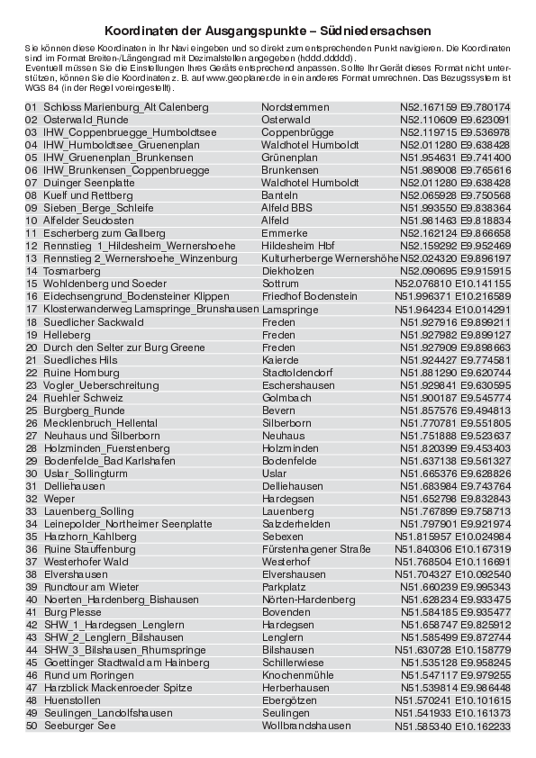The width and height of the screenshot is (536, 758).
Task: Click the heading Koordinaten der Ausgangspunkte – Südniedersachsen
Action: point(267,30)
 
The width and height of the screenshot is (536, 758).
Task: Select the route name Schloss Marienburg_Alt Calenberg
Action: point(126,107)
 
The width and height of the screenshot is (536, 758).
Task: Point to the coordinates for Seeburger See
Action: point(453,726)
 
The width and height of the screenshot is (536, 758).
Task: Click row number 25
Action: point(32,410)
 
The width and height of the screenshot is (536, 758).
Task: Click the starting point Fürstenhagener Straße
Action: point(316,548)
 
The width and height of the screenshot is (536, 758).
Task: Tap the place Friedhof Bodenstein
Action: point(309,296)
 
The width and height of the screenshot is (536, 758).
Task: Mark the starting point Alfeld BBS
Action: point(287,207)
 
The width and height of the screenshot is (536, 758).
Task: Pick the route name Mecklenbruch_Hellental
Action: point(101,422)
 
